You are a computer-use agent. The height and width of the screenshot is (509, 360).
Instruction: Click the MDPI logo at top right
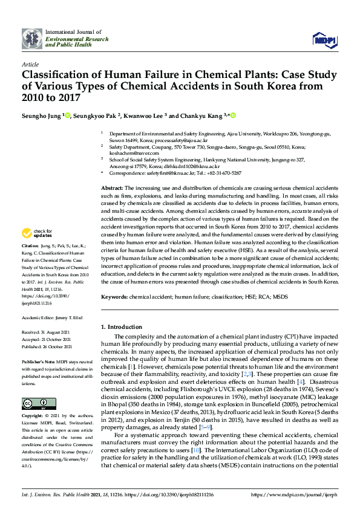coord(324,39)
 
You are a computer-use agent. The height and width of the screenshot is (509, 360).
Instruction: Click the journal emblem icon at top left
coord(31,38)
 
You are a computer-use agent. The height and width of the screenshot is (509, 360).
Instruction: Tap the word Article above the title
coord(30,63)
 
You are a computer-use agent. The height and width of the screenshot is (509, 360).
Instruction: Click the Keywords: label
coord(114,297)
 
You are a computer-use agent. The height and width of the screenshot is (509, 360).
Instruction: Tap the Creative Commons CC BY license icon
coord(30,403)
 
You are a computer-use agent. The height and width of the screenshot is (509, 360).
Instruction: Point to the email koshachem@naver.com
coord(129,152)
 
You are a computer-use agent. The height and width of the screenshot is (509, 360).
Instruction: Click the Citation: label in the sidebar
coord(30,247)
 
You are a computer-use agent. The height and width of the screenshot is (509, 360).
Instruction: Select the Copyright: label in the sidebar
coord(33,417)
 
